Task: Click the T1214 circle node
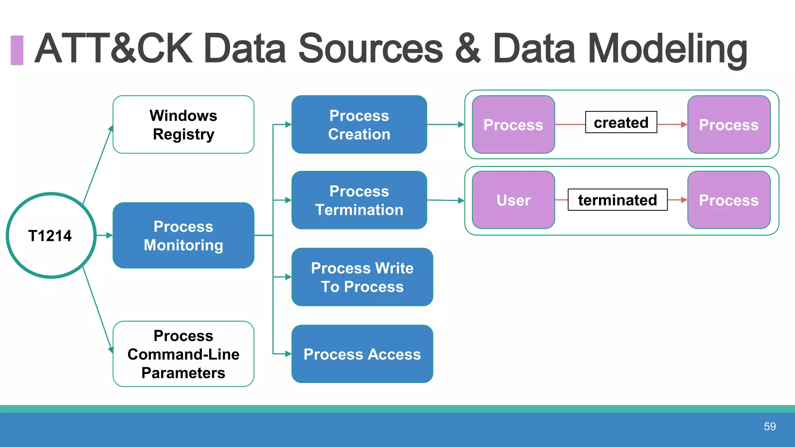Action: tap(51, 235)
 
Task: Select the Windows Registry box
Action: tap(183, 125)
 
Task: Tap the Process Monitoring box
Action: tap(183, 235)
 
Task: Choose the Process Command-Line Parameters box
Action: tap(183, 354)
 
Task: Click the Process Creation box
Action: tap(359, 125)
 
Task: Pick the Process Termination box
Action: tap(359, 200)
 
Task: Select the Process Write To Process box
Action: tap(362, 277)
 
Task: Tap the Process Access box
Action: tap(362, 354)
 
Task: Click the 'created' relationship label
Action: tap(621, 122)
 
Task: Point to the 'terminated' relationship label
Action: tap(617, 200)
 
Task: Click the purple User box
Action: tap(513, 200)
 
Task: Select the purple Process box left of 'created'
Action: tap(513, 125)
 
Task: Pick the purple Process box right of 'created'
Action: tap(729, 125)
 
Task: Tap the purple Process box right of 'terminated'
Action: tap(729, 200)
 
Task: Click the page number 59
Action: tap(770, 426)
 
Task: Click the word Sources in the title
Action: tap(370, 49)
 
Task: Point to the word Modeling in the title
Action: tap(667, 49)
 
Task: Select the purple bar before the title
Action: tap(17, 50)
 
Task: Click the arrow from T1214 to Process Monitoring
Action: tap(104, 235)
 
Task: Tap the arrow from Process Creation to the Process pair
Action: tap(446, 125)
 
